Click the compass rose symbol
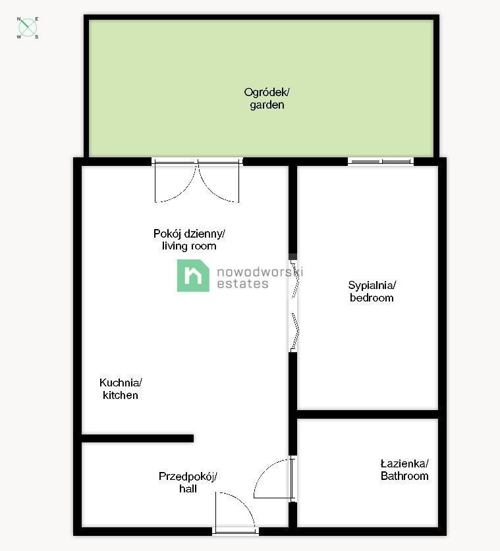[28, 28]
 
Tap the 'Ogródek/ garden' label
[267, 98]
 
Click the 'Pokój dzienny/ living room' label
[189, 240]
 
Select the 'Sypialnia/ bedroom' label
[372, 292]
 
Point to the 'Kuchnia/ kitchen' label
[121, 388]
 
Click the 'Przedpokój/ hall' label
[188, 483]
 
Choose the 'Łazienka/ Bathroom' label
[404, 469]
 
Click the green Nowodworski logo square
[193, 275]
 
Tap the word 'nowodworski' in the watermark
[260, 272]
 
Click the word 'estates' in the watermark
[242, 284]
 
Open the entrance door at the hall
[235, 512]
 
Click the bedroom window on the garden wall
[381, 162]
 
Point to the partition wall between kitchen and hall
[138, 438]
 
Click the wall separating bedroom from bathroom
[368, 414]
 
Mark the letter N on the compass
[19, 19]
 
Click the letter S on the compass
[37, 37]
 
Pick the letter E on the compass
[37, 19]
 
